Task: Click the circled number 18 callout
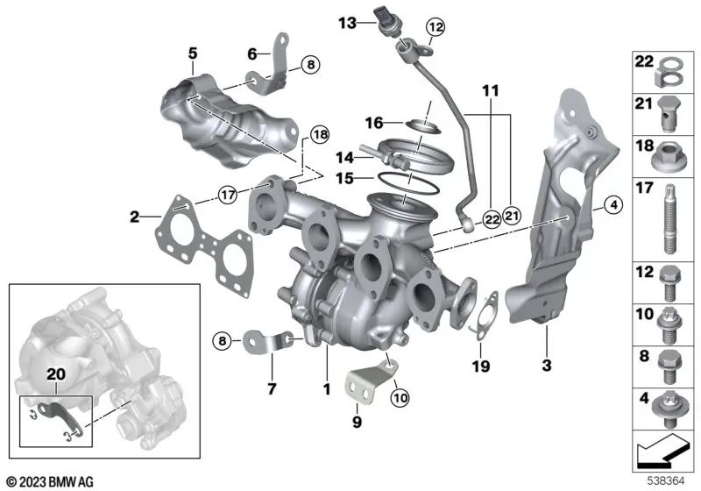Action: click(320, 134)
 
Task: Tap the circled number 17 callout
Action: click(228, 195)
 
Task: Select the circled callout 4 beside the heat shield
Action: click(613, 205)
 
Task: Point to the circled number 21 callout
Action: click(512, 217)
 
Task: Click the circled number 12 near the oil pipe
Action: click(435, 27)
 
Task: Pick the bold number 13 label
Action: click(347, 23)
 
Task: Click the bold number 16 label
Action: click(374, 123)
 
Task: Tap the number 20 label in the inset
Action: click(56, 374)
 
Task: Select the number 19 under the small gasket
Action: click(481, 366)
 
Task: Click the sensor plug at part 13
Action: click(386, 20)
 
